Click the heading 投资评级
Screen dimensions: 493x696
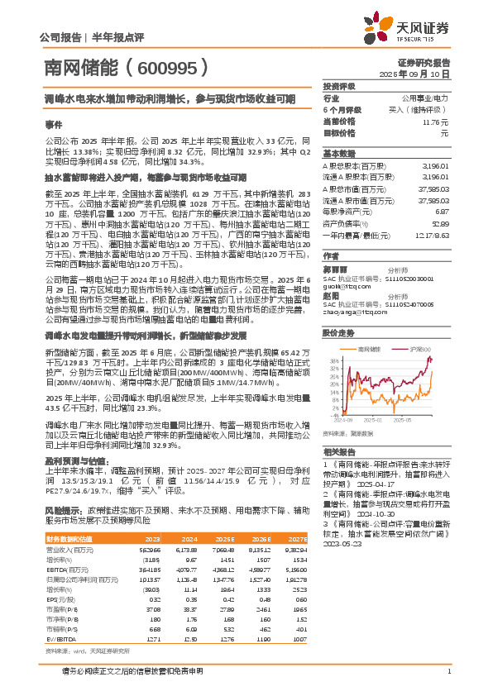339,86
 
